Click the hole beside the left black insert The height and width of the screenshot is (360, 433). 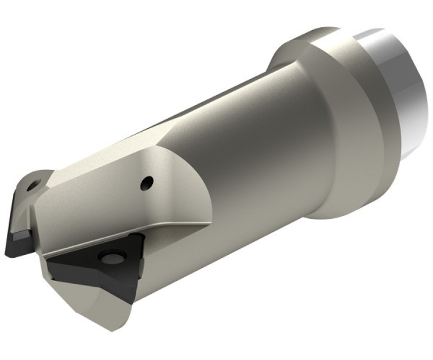[x=33, y=185]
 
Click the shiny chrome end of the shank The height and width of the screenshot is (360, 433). [x=401, y=89]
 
